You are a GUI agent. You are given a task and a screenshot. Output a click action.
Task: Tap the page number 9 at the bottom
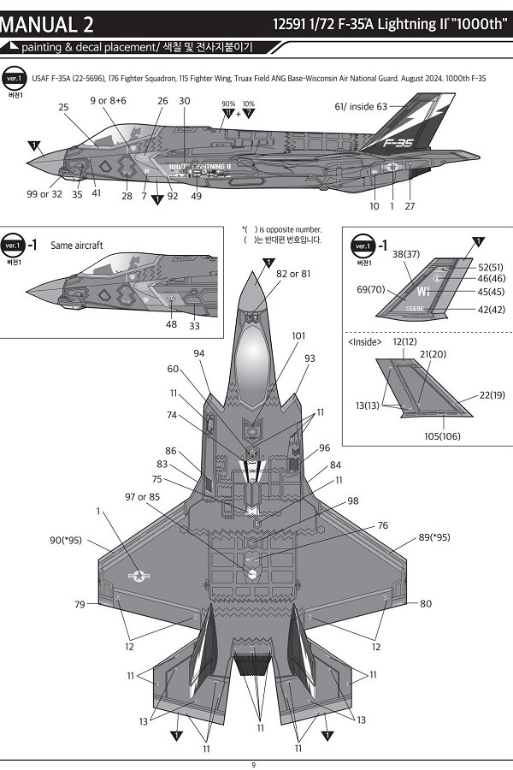coord(253,764)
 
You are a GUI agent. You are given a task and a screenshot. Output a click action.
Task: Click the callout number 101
coord(298,336)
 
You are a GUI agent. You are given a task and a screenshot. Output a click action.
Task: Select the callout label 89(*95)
coord(434,537)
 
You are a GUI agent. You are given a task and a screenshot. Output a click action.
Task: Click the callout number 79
coord(80,605)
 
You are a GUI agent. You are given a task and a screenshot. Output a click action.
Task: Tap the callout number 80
coord(426,604)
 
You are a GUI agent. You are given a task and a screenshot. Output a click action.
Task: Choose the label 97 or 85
coord(142,496)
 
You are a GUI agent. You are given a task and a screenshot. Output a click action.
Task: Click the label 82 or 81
coord(293,274)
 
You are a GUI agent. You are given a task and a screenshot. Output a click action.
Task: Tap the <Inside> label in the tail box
coord(366,342)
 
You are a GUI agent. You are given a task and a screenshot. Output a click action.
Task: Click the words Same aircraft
coord(77,245)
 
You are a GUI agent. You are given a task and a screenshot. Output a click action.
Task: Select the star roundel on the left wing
coord(138,576)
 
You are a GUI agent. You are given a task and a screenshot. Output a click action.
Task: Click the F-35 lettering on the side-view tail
coord(399,144)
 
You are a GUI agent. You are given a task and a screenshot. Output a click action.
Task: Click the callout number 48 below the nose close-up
coord(171,325)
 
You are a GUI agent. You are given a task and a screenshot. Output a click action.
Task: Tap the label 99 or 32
coord(44,194)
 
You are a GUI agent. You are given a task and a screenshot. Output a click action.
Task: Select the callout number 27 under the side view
coord(410,206)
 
